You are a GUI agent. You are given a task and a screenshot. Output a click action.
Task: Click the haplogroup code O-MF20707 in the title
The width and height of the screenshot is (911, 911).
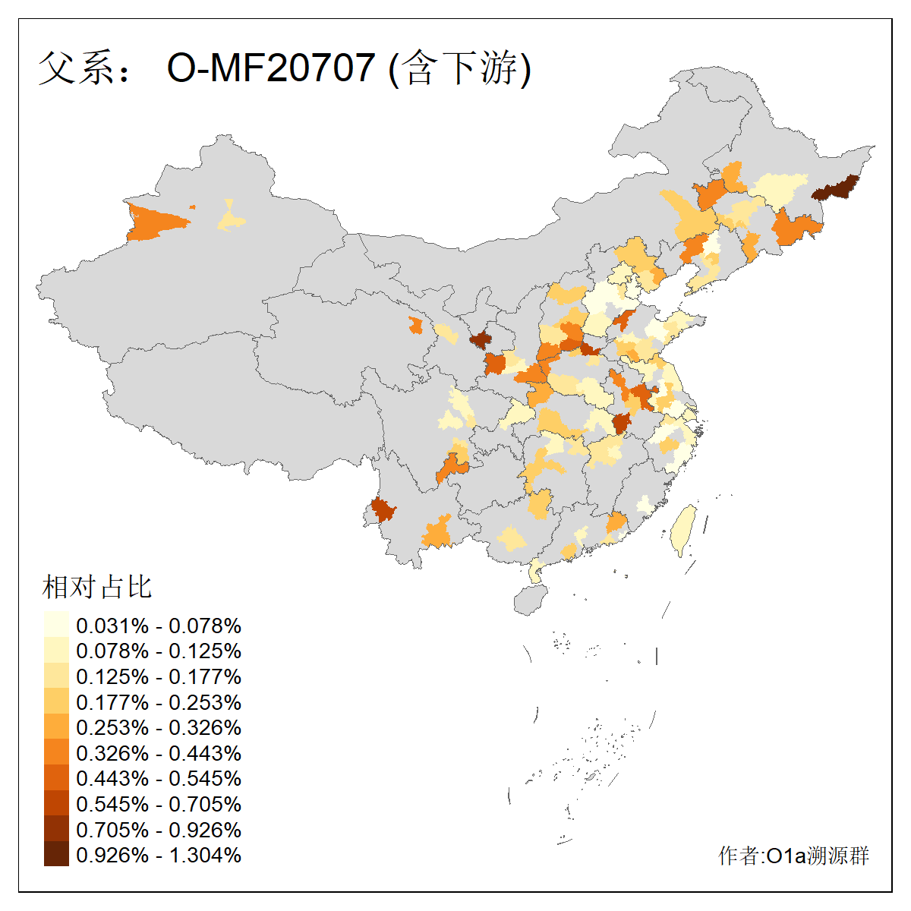click(x=271, y=68)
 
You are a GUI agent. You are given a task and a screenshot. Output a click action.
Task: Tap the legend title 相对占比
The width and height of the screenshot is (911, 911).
click(x=97, y=587)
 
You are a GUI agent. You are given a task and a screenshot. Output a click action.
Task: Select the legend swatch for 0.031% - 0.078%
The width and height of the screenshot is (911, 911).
click(x=56, y=625)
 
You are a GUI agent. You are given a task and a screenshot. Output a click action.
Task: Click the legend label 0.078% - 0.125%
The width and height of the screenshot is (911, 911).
click(x=159, y=651)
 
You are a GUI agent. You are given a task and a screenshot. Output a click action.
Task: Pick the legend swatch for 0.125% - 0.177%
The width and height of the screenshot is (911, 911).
click(x=56, y=676)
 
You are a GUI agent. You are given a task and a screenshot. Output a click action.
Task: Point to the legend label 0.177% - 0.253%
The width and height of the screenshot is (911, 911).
click(x=159, y=702)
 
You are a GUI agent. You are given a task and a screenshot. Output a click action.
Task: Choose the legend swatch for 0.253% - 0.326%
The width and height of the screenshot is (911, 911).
click(x=56, y=727)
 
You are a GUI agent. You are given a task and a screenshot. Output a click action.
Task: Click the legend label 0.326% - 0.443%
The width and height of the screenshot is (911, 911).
click(x=159, y=753)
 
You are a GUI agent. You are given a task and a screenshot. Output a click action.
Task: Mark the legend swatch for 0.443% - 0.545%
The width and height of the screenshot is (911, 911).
click(x=56, y=778)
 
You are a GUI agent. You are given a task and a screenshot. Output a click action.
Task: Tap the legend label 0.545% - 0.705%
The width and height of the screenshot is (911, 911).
click(x=159, y=804)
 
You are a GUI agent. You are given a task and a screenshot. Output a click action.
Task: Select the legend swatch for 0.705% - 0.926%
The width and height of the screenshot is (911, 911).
click(x=56, y=829)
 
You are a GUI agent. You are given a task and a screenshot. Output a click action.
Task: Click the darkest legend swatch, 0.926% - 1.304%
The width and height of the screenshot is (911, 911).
click(x=56, y=855)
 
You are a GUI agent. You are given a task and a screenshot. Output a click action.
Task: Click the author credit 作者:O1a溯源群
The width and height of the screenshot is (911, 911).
click(x=793, y=856)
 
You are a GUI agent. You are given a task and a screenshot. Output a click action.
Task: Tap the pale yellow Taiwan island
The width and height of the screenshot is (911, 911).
click(x=685, y=529)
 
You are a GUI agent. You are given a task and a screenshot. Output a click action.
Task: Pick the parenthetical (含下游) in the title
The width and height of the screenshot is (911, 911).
click(x=459, y=68)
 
